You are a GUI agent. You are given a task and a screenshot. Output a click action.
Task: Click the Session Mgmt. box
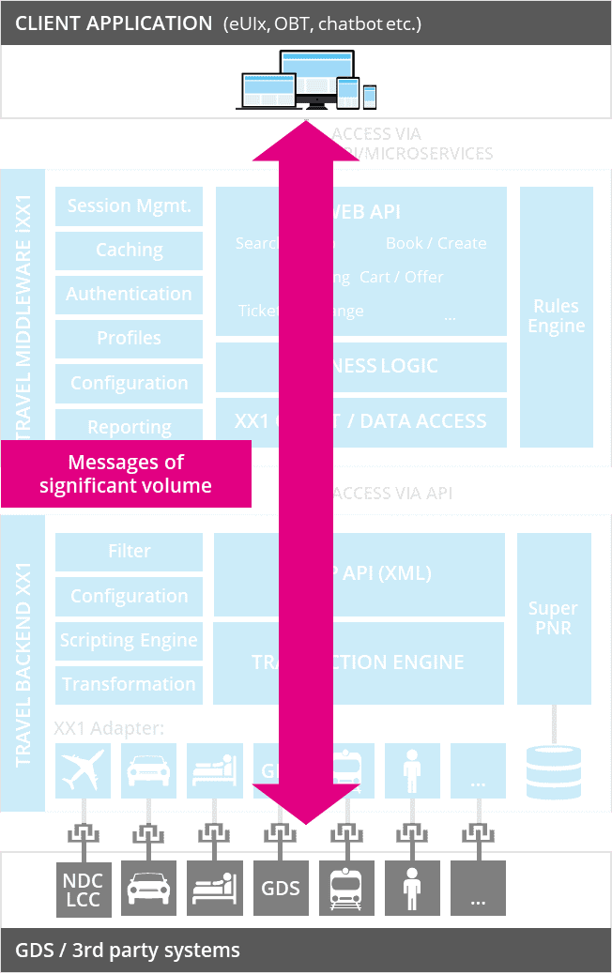129,206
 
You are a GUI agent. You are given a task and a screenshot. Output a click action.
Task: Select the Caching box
129,251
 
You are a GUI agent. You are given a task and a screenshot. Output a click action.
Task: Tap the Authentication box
129,295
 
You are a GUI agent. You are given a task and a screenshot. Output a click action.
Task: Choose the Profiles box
129,339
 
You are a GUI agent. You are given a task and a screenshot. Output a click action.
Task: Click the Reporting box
129,425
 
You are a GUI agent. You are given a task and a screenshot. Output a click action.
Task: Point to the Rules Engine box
557,316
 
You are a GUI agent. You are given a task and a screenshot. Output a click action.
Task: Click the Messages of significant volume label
126,474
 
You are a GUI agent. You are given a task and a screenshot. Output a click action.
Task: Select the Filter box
129,552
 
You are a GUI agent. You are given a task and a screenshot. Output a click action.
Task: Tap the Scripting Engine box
129,641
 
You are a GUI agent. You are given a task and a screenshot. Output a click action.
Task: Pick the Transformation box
129,685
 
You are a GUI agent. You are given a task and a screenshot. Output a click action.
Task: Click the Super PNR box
554,618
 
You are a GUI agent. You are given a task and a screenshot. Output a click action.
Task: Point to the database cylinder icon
554,771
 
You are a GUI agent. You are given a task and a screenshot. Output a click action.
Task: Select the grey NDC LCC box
83,888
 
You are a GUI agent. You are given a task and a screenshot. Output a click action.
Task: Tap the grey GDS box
281,888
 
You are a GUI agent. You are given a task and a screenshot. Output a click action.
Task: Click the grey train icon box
346,888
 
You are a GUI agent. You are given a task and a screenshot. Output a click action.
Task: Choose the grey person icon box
412,888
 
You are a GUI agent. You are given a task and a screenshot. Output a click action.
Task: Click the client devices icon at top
306,81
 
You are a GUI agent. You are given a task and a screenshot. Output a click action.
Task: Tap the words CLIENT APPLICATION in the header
114,23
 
